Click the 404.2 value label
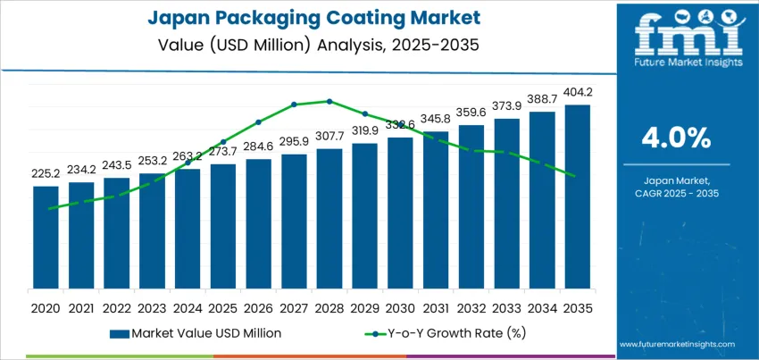coord(577,92)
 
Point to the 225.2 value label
coord(46,174)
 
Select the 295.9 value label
coord(294,141)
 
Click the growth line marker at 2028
coord(329,101)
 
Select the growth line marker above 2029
coord(364,113)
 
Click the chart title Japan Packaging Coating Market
coord(307,19)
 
